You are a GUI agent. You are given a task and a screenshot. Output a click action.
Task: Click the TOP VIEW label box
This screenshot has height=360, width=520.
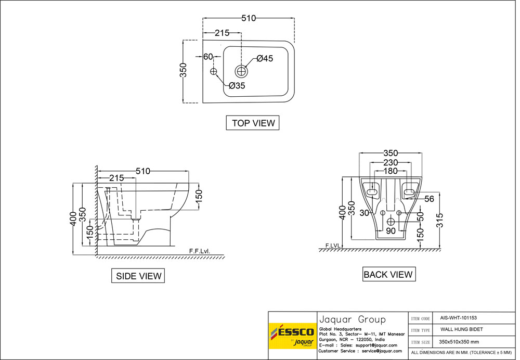(x=253, y=123)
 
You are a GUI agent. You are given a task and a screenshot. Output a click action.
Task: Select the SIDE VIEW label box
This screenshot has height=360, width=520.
(x=138, y=276)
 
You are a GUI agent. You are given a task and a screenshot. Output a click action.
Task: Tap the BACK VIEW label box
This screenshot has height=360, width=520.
(x=388, y=274)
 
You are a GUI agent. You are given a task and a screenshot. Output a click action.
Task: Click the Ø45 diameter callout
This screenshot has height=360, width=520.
(x=264, y=59)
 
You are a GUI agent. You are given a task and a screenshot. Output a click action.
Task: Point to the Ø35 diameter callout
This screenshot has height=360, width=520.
(x=236, y=86)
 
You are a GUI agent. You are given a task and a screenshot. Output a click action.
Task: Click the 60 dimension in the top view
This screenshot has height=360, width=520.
(x=208, y=57)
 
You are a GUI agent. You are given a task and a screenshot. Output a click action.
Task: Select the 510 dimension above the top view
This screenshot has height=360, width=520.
(x=249, y=18)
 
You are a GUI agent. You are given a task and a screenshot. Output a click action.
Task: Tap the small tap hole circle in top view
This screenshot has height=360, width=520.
(x=213, y=71)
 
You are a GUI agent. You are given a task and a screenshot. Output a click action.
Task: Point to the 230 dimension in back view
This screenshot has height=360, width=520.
(x=390, y=162)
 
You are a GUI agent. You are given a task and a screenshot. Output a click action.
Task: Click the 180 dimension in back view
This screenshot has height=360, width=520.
(x=390, y=171)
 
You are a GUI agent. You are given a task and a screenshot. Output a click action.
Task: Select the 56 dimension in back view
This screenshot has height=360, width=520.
(x=429, y=199)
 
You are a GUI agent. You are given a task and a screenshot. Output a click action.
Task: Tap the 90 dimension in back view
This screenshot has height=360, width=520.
(x=391, y=231)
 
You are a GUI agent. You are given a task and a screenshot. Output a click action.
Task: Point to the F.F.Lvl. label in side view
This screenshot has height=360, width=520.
(x=200, y=251)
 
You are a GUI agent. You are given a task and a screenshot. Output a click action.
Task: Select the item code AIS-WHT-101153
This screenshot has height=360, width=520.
(x=458, y=318)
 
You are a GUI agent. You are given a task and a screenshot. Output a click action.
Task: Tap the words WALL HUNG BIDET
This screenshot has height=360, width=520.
(x=462, y=329)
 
